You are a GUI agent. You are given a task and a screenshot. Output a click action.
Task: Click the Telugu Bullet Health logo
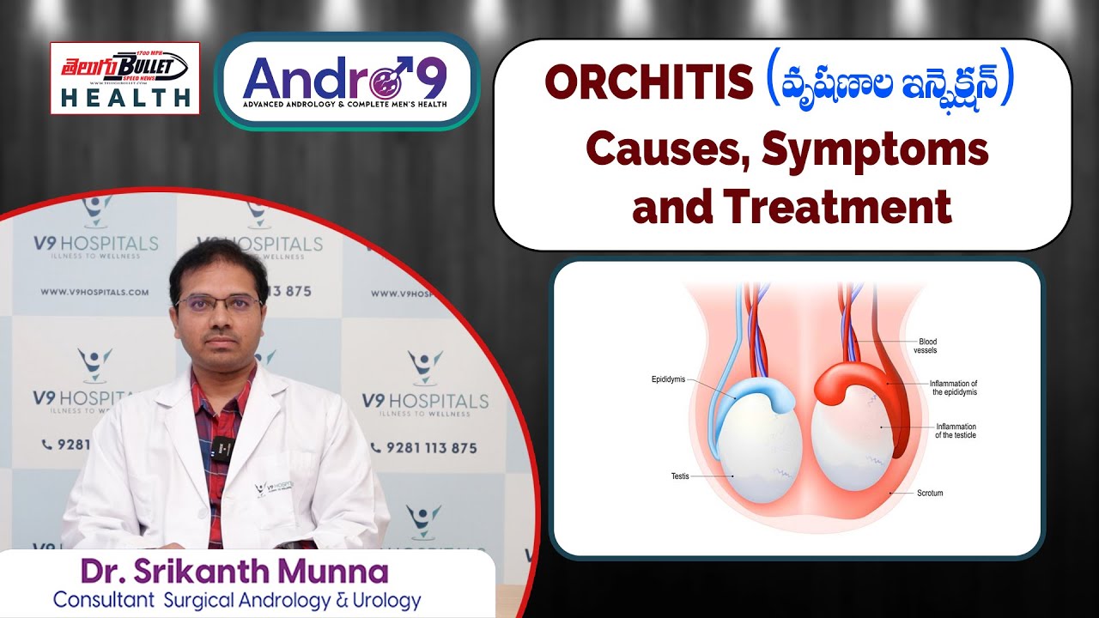point(124,77)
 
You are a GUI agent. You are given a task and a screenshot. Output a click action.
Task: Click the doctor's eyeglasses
point(218,303)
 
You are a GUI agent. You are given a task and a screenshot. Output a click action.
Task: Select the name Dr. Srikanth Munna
point(234,571)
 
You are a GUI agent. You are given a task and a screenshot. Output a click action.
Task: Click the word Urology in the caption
point(381,600)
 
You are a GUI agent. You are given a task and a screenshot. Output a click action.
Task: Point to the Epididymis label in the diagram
point(667,379)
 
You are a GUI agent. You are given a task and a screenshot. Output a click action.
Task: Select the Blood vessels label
point(927,346)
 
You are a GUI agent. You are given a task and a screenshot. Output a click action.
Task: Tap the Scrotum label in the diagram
point(930,494)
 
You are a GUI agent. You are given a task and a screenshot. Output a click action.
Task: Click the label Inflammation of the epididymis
point(954,387)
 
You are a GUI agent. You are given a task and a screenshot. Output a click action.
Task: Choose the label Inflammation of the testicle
point(956,431)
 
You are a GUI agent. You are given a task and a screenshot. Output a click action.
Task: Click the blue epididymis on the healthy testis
point(756,395)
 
